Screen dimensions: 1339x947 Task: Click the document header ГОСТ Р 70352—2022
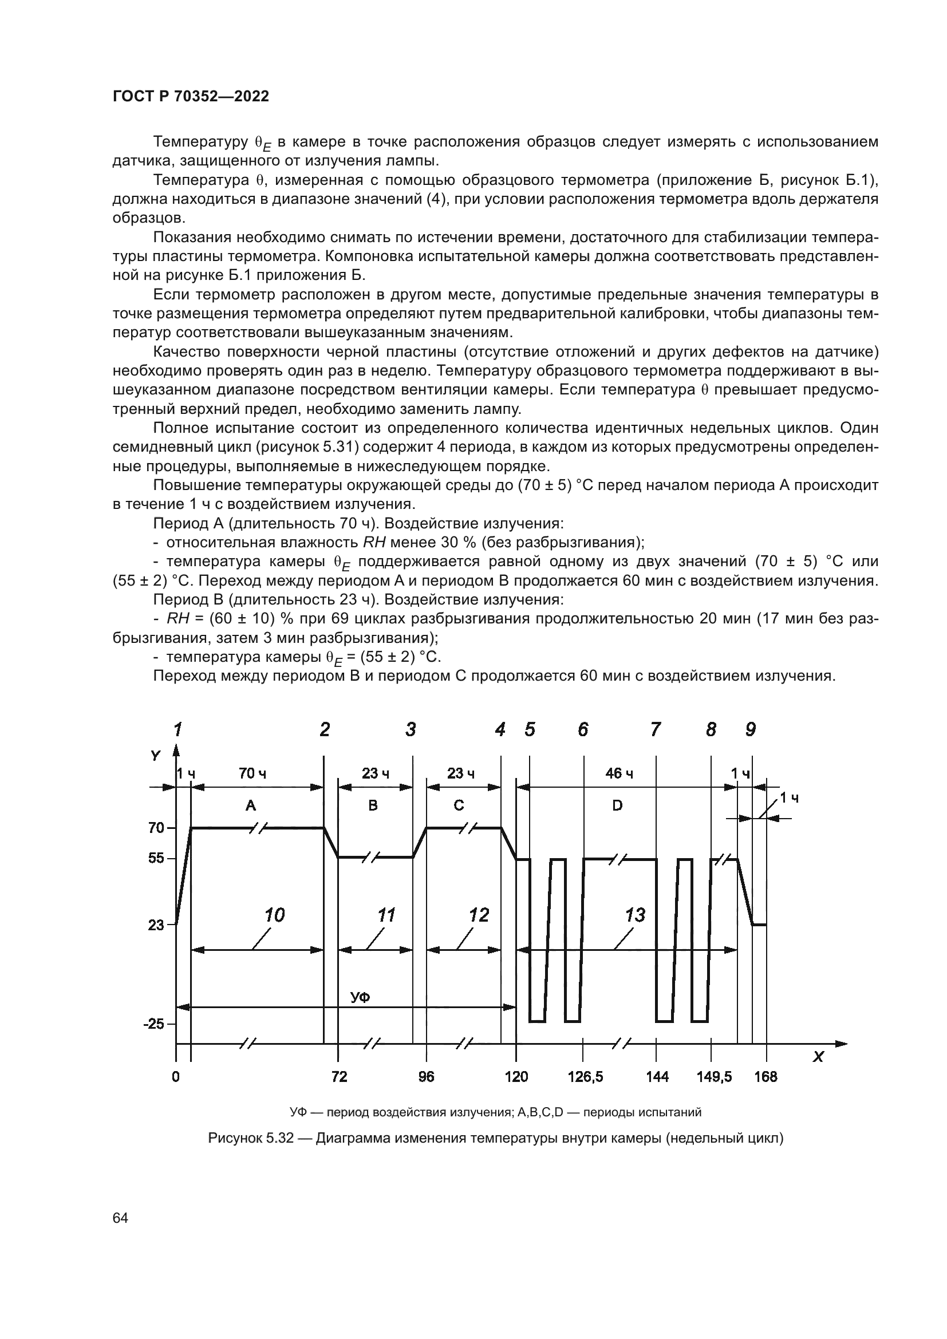pyautogui.click(x=191, y=97)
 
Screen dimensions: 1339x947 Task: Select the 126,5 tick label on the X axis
pyautogui.click(x=586, y=1077)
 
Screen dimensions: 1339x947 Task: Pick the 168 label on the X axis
pyautogui.click(x=765, y=1077)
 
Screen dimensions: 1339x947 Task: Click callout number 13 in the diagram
pyautogui.click(x=635, y=915)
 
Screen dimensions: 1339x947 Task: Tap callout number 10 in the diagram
pyautogui.click(x=274, y=915)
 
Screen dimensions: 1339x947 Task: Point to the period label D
pyautogui.click(x=618, y=805)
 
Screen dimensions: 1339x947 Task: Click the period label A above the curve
pyautogui.click(x=251, y=805)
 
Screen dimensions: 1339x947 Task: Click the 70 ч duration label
pyautogui.click(x=252, y=774)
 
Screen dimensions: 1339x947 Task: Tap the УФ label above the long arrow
pyautogui.click(x=360, y=997)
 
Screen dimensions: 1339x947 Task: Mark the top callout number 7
pyautogui.click(x=656, y=729)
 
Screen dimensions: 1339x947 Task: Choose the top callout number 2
pyautogui.click(x=325, y=729)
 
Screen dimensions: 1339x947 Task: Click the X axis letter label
pyautogui.click(x=818, y=1056)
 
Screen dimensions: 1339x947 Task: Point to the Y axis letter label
pyautogui.click(x=155, y=756)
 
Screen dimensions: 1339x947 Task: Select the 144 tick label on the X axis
pyautogui.click(x=657, y=1077)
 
